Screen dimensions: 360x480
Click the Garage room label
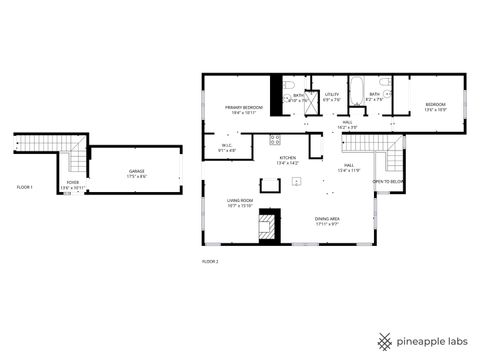pyautogui.click(x=136, y=173)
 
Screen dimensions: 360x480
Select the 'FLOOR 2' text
pyautogui.click(x=209, y=262)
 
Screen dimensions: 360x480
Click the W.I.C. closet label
pyautogui.click(x=227, y=147)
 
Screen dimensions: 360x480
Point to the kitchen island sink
pyautogui.click(x=297, y=183)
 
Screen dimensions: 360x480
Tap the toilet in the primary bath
pyautogui.click(x=287, y=90)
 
